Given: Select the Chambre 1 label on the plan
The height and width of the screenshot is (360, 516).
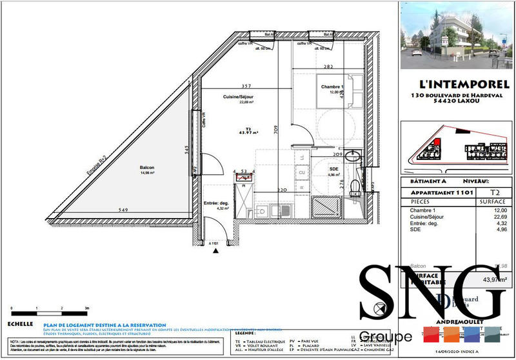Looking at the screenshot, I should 333,87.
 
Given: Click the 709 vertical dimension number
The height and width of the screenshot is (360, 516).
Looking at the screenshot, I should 276,127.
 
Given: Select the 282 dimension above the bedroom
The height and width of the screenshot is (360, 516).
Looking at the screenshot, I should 328,66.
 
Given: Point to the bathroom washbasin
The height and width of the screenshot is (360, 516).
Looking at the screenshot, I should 352,156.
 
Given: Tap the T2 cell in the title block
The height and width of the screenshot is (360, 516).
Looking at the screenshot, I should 495,192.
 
